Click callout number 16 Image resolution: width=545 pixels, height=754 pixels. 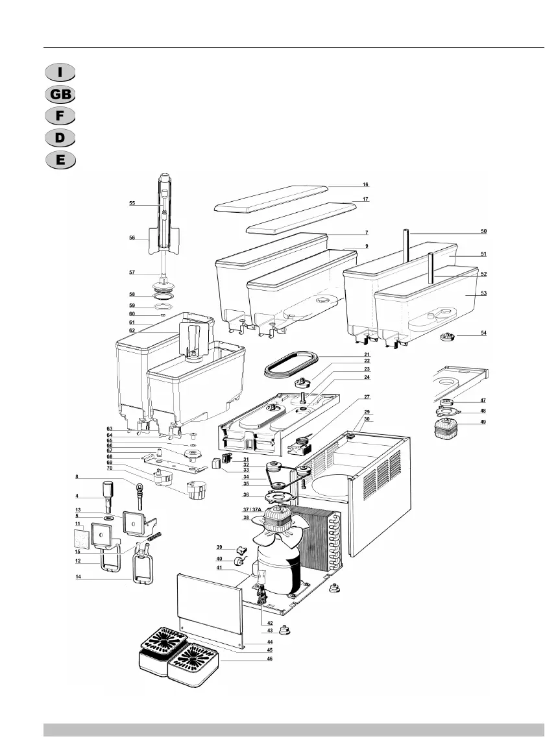pyautogui.click(x=366, y=185)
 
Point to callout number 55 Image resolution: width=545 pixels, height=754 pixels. pyautogui.click(x=132, y=204)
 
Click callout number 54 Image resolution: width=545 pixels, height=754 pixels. pyautogui.click(x=483, y=334)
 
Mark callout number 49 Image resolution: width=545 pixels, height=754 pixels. pyautogui.click(x=483, y=422)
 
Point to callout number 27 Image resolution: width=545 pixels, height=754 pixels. pyautogui.click(x=367, y=396)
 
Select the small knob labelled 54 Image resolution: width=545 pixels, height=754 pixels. pyautogui.click(x=448, y=336)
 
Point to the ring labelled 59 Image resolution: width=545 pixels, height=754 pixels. pyautogui.click(x=164, y=306)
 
